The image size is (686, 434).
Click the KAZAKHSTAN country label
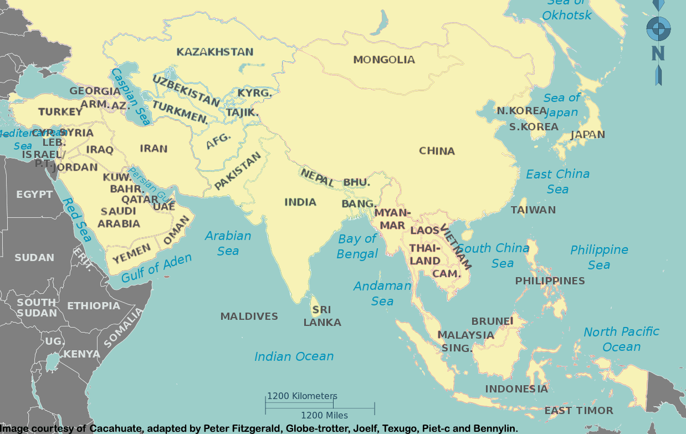[x=215, y=52]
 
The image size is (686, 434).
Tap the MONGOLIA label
[x=384, y=59]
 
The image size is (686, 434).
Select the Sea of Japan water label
[x=561, y=105]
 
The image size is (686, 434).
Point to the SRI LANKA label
[x=322, y=316]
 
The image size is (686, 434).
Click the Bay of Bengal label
[x=357, y=246]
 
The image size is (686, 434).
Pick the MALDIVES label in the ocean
[x=249, y=316]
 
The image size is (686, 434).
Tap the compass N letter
[x=658, y=53]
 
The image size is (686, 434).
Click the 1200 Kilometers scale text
[x=302, y=396]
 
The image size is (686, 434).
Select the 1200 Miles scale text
[x=324, y=415]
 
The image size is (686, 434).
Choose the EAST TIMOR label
[x=579, y=411]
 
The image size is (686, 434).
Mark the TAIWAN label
[x=533, y=210]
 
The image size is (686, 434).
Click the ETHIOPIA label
[x=94, y=305]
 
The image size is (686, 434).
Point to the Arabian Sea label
[x=228, y=243]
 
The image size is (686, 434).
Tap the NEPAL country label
[x=317, y=177]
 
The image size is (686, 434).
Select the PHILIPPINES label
[x=550, y=281]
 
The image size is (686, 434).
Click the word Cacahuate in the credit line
[x=117, y=428]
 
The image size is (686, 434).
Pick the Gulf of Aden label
[x=156, y=268]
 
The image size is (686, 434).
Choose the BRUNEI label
[x=492, y=321]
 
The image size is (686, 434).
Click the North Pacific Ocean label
[x=621, y=339]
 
